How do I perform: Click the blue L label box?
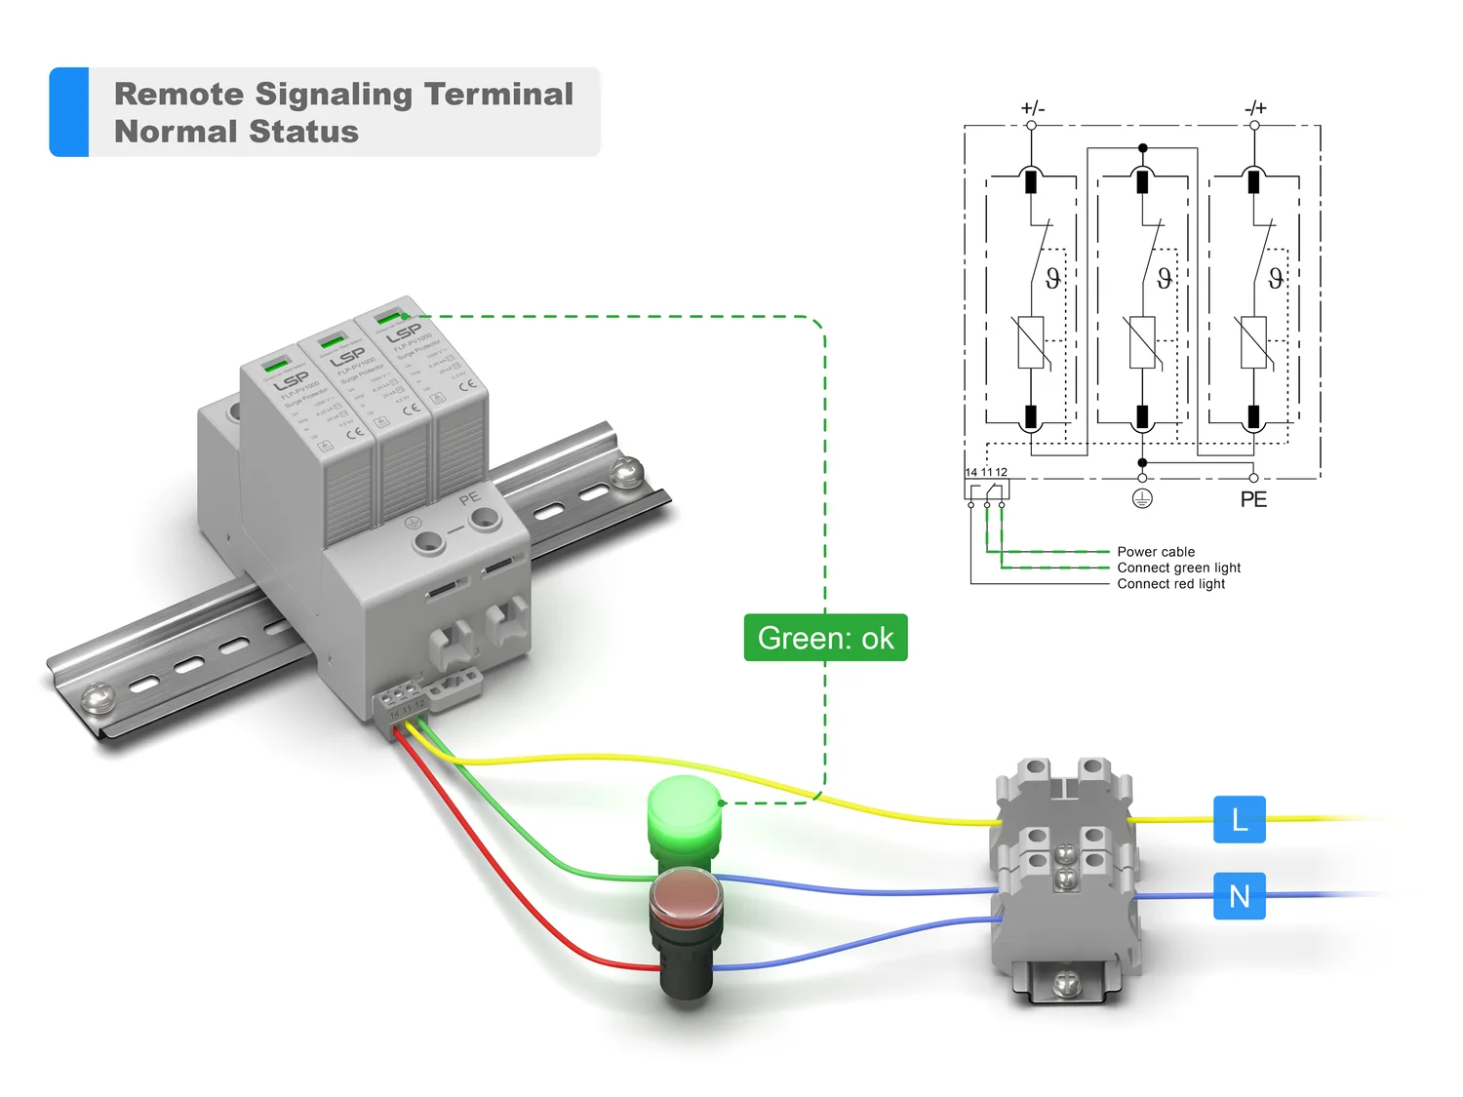[x=1239, y=819]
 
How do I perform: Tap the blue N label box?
[x=1239, y=895]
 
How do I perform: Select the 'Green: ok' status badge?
[x=825, y=638]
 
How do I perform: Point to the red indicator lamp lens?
[x=687, y=893]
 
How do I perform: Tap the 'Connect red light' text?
[x=1170, y=584]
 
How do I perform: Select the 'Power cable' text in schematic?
[x=1156, y=552]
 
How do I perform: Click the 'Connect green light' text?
[x=1178, y=568]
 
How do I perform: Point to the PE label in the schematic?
[x=1253, y=499]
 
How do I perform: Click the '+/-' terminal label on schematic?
[x=1032, y=107]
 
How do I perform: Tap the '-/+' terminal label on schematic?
[x=1255, y=107]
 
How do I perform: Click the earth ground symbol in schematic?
[x=1142, y=498]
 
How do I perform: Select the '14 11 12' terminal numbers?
[x=986, y=472]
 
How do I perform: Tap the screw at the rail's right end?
[x=625, y=473]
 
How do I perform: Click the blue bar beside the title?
[x=69, y=111]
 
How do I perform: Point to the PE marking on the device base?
[x=469, y=498]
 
